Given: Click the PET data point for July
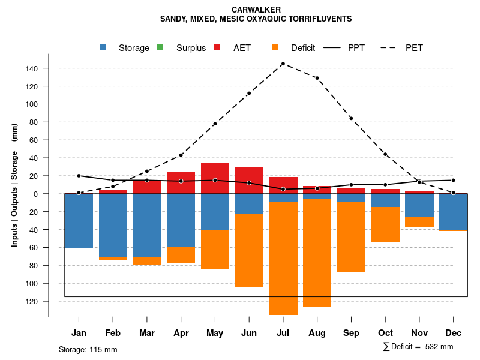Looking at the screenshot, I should [x=283, y=64].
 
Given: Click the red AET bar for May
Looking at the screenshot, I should [x=215, y=178].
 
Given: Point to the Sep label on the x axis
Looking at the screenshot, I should [x=351, y=333].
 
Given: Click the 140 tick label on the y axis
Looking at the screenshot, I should [x=32, y=68].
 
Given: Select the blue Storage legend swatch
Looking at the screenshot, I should [x=103, y=47].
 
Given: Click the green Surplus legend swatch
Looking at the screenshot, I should [x=160, y=47].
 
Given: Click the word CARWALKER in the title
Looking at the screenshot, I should [x=256, y=10].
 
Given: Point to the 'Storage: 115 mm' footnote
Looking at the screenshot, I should [x=88, y=349].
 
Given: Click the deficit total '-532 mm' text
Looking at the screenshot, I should [x=436, y=347].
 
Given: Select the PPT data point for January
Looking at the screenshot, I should [x=79, y=176].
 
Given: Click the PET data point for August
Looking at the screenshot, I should [x=317, y=78].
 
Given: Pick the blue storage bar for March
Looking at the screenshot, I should [x=147, y=225].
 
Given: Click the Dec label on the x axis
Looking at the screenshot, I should [x=454, y=333].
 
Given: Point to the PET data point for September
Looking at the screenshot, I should [x=351, y=118].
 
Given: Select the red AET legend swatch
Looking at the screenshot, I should [x=217, y=47].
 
